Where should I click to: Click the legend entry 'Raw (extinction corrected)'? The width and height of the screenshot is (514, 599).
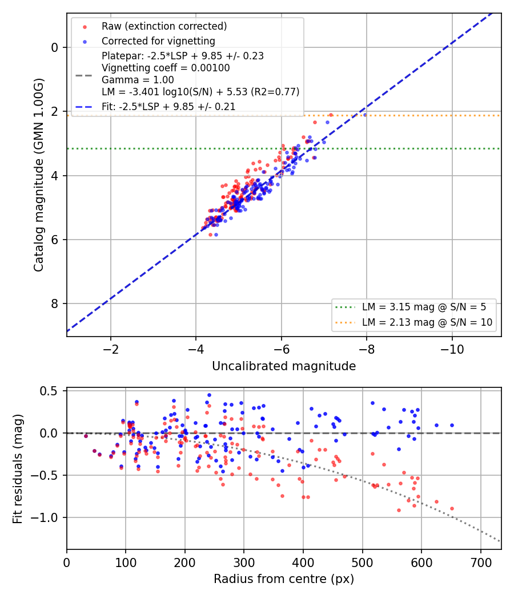[x=164, y=26]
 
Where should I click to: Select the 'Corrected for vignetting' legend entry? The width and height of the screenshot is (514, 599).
[x=158, y=41]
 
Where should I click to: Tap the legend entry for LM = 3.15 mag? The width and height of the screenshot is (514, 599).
[x=424, y=307]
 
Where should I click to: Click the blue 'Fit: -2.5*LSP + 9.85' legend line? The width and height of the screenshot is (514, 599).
[x=84, y=107]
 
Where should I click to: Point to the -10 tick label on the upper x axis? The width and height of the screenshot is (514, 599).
[x=452, y=349]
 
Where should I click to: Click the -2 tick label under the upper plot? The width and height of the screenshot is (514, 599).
[x=111, y=349]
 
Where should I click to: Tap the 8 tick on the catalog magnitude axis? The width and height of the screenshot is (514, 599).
[x=54, y=303]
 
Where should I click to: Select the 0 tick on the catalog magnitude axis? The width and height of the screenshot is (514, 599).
[x=54, y=48]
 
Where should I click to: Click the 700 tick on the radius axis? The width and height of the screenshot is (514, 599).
[x=481, y=562]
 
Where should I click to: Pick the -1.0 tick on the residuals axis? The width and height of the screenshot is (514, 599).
[x=44, y=517]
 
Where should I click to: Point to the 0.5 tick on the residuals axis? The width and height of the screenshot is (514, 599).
[x=49, y=391]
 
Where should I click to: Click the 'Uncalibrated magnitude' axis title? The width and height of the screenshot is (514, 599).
[x=284, y=366]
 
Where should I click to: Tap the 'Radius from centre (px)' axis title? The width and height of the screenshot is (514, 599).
[x=284, y=579]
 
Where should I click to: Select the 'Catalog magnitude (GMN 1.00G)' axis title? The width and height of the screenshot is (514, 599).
[x=39, y=175]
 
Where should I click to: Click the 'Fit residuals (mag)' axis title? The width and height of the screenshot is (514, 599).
[x=17, y=469]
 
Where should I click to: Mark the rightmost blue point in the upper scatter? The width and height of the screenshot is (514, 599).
[x=365, y=115]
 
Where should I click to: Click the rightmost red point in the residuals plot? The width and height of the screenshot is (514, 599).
[x=452, y=508]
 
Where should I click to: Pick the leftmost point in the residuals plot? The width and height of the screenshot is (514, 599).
[x=86, y=436]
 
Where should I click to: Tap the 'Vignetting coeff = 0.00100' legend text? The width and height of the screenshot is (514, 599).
[x=166, y=68]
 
